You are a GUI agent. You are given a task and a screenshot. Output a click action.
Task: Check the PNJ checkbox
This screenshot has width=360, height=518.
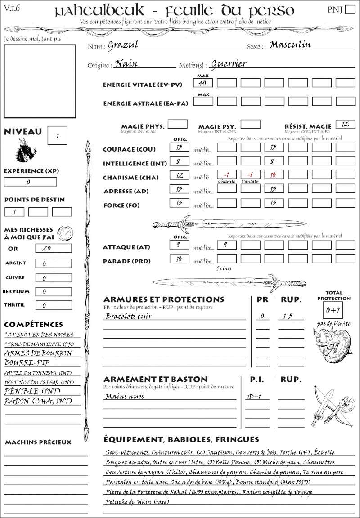[x=349, y=10]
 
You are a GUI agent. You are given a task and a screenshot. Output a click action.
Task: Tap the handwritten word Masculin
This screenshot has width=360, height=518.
[x=290, y=45]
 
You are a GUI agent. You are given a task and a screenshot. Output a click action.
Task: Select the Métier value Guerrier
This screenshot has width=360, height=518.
[x=228, y=64]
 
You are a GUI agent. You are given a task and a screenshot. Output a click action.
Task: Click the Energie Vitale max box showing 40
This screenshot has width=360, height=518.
[x=203, y=83]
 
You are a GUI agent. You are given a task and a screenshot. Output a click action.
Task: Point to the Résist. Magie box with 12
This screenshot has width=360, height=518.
[x=345, y=124]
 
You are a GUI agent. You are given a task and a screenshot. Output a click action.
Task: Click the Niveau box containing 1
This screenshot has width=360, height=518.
[x=58, y=135]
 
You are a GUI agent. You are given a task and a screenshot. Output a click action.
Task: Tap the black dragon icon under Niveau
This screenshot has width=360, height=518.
[x=25, y=151]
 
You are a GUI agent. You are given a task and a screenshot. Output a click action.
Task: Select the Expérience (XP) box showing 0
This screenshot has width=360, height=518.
[x=30, y=182]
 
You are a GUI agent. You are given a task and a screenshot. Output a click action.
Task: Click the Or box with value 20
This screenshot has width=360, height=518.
[x=53, y=248]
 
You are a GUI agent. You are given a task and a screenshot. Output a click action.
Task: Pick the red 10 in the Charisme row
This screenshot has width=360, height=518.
[x=273, y=174]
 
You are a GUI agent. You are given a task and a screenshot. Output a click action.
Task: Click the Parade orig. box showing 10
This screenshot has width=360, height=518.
[x=179, y=259]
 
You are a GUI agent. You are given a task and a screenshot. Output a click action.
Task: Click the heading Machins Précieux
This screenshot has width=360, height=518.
[x=38, y=442]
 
